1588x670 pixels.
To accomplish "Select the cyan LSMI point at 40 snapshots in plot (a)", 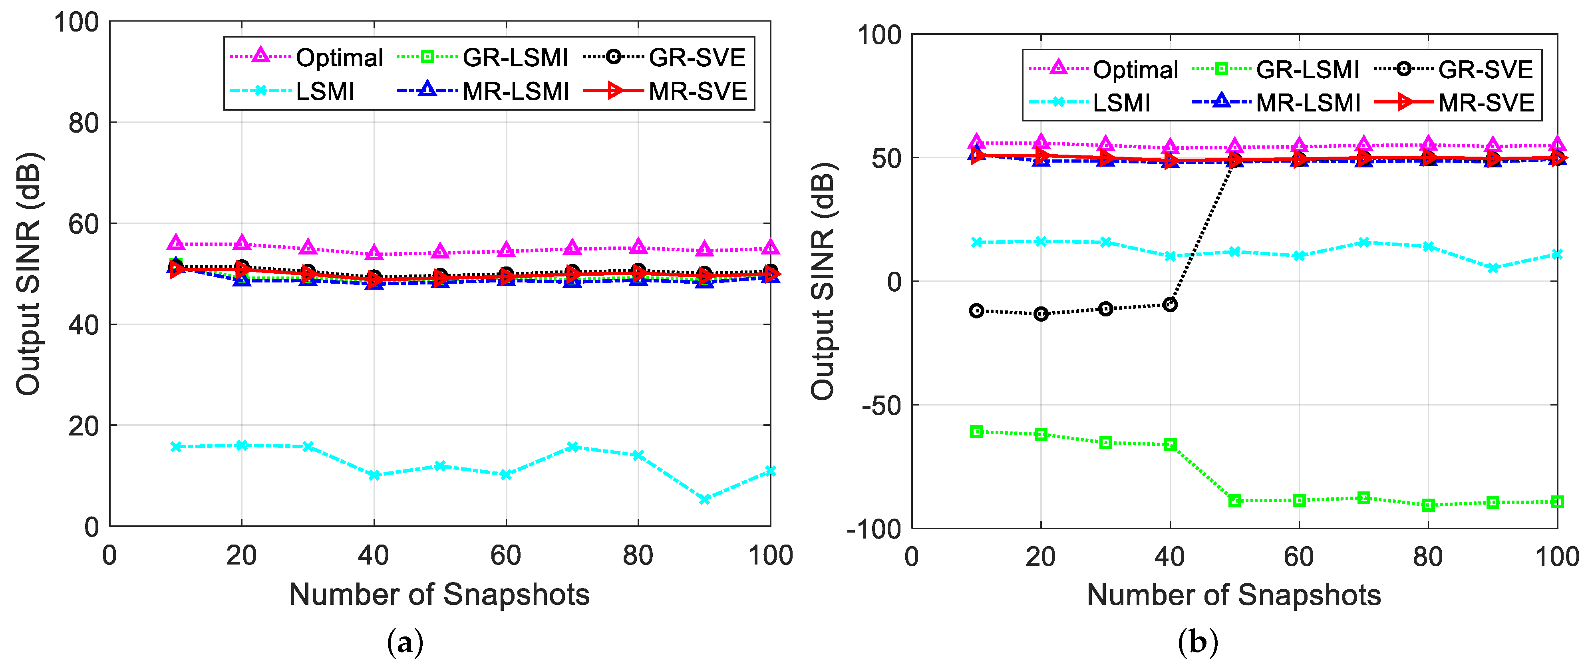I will point(374,475).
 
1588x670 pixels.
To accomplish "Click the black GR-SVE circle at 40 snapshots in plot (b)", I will point(1169,304).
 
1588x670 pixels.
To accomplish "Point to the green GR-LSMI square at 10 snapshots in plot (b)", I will point(976,431).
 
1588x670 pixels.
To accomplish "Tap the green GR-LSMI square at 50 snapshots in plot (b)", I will point(1234,501).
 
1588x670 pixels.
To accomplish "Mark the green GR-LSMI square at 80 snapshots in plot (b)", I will point(1428,505).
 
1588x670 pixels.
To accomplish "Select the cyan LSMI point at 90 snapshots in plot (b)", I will point(1493,268).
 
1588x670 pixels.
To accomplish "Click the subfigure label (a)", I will point(405,643).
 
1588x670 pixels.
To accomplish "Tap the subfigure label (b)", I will point(1197,643).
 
